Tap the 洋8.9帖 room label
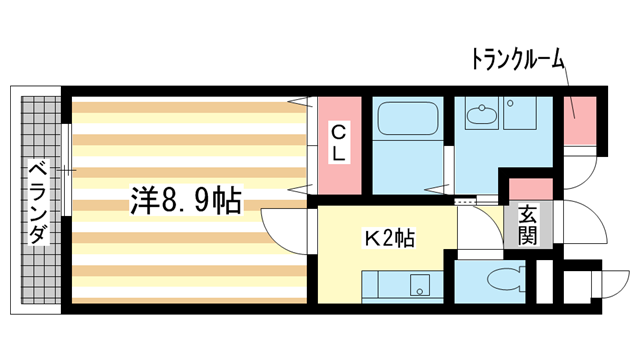186,200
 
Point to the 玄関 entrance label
528,226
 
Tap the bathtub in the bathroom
408,122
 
